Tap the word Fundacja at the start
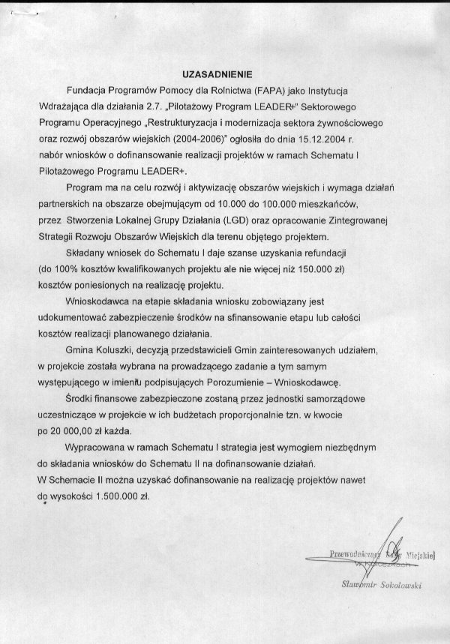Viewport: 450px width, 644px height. coord(89,90)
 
